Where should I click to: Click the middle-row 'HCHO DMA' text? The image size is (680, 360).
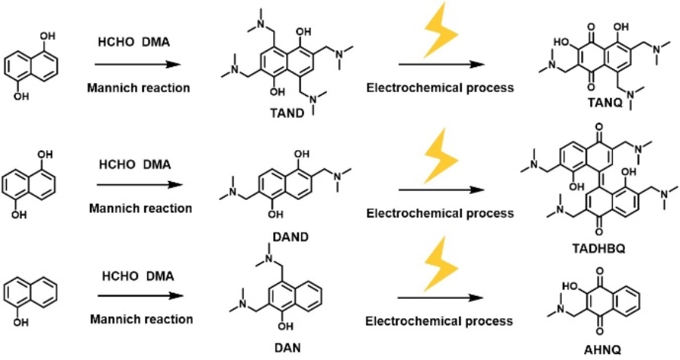pos(137,165)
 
